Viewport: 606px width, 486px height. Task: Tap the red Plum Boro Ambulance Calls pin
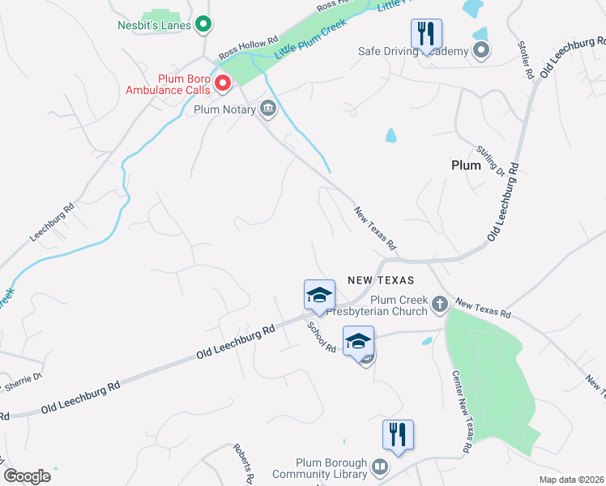click(222, 82)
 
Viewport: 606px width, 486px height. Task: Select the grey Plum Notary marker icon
click(268, 109)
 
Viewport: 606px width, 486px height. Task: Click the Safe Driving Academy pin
click(481, 52)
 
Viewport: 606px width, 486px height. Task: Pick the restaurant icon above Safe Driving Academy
click(426, 34)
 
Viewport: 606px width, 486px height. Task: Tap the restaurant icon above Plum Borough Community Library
click(398, 434)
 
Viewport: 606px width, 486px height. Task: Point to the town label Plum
click(466, 164)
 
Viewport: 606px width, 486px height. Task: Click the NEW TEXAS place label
click(381, 279)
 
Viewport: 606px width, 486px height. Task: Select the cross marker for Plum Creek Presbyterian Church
click(439, 305)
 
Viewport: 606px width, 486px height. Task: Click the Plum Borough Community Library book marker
click(378, 467)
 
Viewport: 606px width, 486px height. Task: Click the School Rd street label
click(321, 336)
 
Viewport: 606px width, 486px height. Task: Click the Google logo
click(27, 475)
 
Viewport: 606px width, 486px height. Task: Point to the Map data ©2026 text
click(571, 480)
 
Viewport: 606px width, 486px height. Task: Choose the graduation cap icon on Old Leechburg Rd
click(319, 296)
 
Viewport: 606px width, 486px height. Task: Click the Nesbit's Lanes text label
click(154, 25)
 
